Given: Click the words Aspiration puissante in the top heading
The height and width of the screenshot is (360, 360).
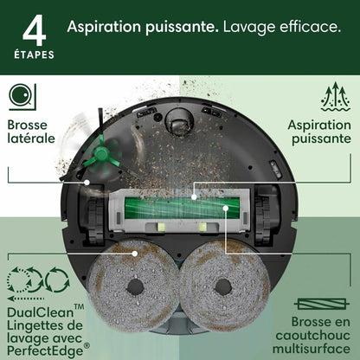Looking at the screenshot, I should [x=141, y=28].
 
